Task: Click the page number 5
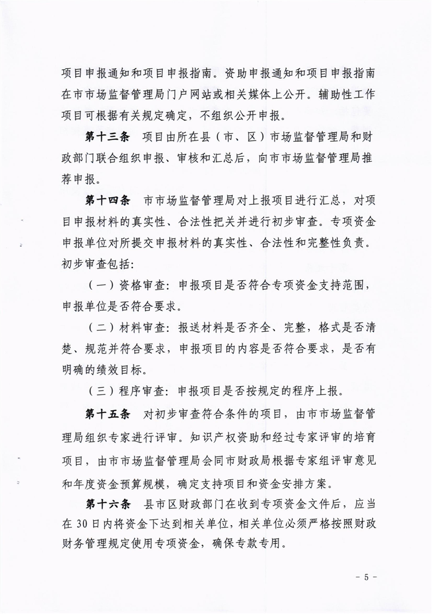click(367, 576)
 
